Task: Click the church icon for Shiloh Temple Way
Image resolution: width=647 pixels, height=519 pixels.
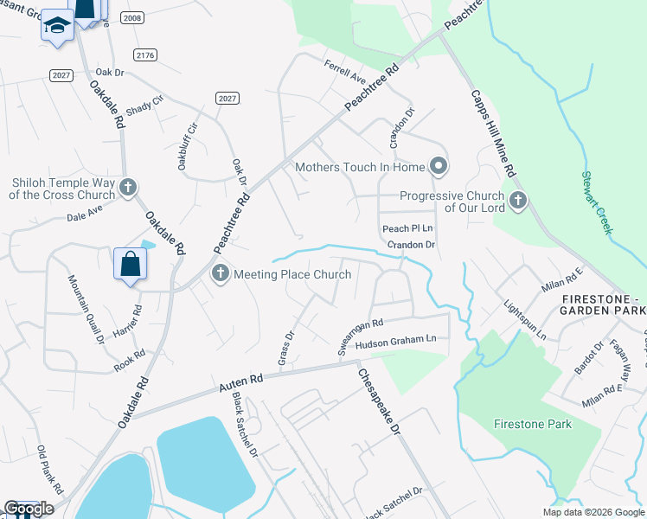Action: [x=128, y=186]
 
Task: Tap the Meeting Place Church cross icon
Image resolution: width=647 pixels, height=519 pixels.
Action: [x=220, y=274]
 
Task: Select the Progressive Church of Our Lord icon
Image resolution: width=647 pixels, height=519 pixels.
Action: [x=518, y=201]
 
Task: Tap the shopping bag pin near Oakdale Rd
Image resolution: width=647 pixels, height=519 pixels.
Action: [x=130, y=263]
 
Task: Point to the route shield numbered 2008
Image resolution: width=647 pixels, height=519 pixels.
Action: [x=132, y=17]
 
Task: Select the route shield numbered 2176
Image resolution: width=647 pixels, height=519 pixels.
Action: [x=146, y=54]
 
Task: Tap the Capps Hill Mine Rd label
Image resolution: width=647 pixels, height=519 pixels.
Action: [x=493, y=133]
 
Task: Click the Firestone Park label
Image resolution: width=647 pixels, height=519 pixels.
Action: [x=533, y=424]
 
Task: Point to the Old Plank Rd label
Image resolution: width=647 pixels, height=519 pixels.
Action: [x=49, y=471]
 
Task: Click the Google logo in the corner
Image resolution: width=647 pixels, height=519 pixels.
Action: [x=29, y=509]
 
